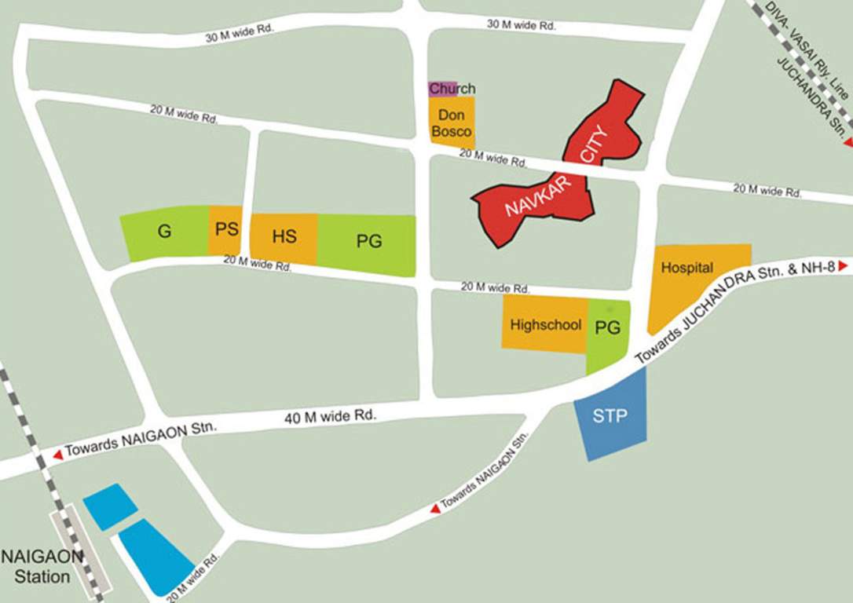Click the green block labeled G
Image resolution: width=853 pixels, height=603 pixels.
(x=165, y=232)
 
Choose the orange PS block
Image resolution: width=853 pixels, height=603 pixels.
(x=225, y=230)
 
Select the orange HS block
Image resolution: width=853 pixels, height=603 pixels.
(x=284, y=237)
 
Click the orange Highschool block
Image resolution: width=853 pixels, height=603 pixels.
(x=545, y=323)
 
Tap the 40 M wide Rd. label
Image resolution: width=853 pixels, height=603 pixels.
(x=331, y=416)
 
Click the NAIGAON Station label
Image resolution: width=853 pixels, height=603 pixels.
(x=41, y=566)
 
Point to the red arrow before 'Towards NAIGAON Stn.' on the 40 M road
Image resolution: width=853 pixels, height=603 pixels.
(x=57, y=455)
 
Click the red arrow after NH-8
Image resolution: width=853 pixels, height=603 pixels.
(x=844, y=267)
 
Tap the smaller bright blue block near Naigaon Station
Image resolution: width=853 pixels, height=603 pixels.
(x=110, y=506)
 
